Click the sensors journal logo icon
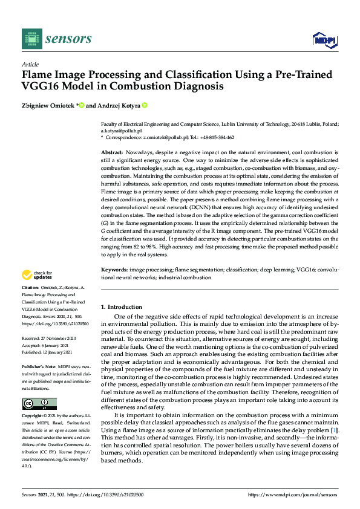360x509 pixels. point(30,39)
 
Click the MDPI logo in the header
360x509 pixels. point(324,40)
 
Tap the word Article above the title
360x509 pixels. point(30,64)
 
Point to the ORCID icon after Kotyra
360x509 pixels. point(145,106)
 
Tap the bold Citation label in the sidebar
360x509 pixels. point(30,287)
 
